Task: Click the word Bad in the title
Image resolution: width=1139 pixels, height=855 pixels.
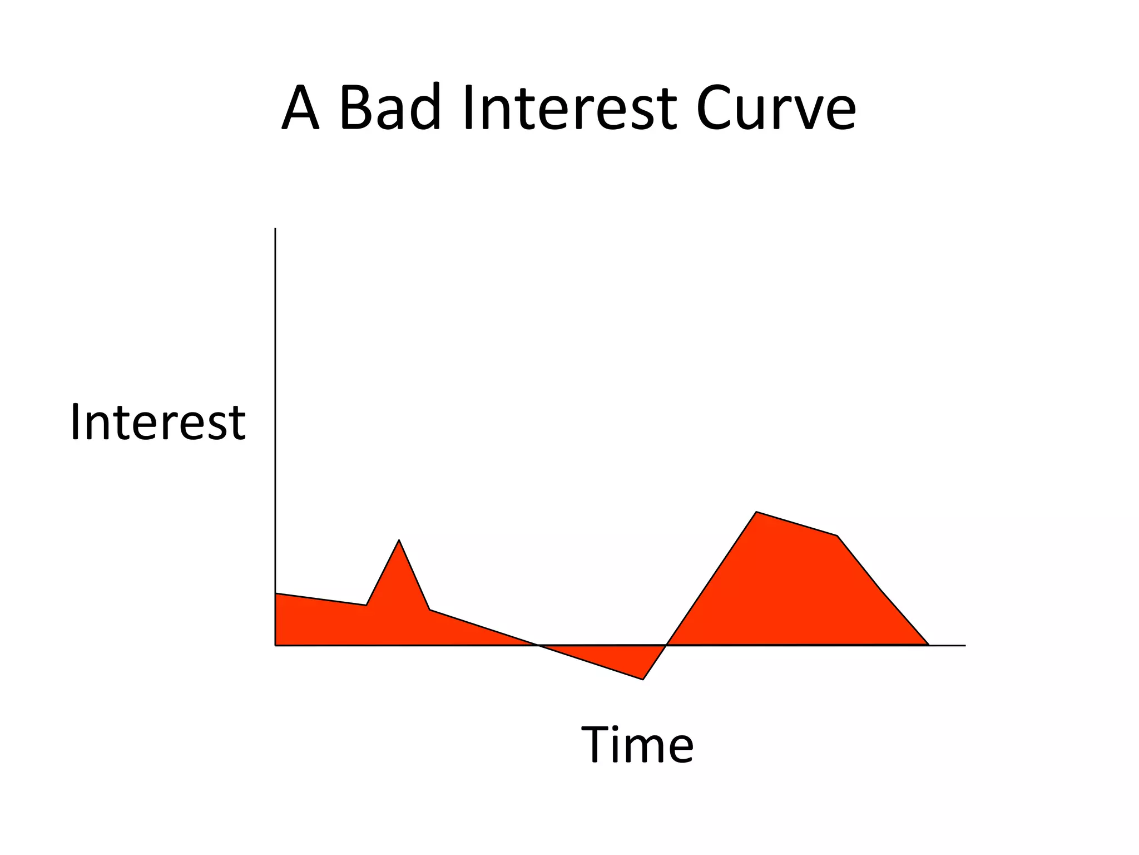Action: tap(389, 108)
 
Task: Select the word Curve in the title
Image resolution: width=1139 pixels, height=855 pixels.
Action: tap(775, 108)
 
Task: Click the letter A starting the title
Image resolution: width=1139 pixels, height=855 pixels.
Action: tap(300, 108)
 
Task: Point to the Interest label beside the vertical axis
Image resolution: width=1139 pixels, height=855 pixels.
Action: tap(157, 422)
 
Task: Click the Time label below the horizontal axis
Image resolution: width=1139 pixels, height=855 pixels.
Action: tap(637, 745)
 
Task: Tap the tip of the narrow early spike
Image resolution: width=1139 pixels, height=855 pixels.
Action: tap(399, 540)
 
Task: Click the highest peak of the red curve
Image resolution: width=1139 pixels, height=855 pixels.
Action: tap(756, 512)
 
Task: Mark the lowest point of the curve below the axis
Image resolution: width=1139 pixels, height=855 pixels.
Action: tap(643, 679)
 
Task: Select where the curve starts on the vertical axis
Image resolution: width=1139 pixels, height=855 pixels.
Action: tap(275, 593)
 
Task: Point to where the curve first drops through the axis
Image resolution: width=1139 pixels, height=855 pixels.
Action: tap(537, 645)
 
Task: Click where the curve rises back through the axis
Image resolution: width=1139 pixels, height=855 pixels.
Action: tap(666, 645)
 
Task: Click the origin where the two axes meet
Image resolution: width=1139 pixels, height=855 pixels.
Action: tap(275, 646)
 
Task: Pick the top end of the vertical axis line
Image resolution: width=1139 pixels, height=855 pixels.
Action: tap(275, 228)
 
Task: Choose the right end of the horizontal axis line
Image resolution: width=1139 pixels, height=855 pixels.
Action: tap(965, 646)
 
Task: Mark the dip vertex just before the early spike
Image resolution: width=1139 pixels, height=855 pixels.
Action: tap(366, 605)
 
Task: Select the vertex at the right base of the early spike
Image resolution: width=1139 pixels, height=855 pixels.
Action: tap(429, 610)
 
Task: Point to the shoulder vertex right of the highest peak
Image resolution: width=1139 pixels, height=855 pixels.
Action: tap(837, 535)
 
